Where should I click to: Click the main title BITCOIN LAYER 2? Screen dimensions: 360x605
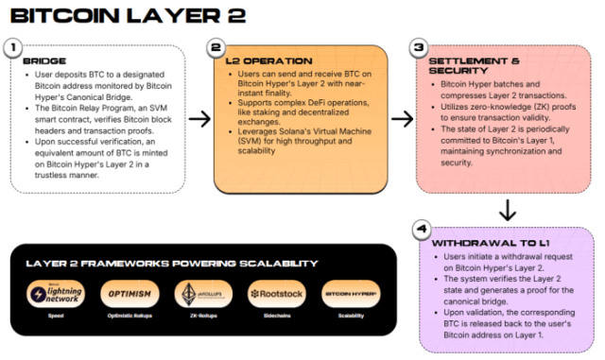128,16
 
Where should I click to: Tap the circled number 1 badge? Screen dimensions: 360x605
13,46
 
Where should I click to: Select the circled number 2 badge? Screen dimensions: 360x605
216,47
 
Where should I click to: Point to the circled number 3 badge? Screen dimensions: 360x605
420,47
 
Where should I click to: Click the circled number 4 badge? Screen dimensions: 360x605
421,230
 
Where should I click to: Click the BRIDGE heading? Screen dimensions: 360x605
44,61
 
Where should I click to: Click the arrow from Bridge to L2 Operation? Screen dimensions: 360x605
199,119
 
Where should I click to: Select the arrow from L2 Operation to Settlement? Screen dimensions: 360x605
403,119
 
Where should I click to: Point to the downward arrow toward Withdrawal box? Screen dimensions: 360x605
508,209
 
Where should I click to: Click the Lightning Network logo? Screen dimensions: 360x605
54,295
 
